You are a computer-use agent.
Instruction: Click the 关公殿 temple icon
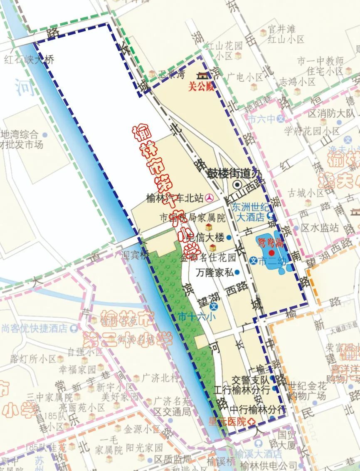pyautogui.click(x=203, y=76)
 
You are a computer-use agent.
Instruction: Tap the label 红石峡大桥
pyautogui.click(x=30, y=59)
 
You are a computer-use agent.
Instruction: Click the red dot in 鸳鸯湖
pyautogui.click(x=271, y=253)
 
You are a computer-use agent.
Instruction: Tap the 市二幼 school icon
pyautogui.click(x=253, y=261)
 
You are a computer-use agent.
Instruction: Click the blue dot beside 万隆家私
pyautogui.click(x=237, y=273)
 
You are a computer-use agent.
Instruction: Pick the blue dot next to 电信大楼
pyautogui.click(x=229, y=238)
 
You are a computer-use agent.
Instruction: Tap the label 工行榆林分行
pyautogui.click(x=242, y=390)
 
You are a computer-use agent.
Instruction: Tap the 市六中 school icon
pyautogui.click(x=281, y=119)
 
